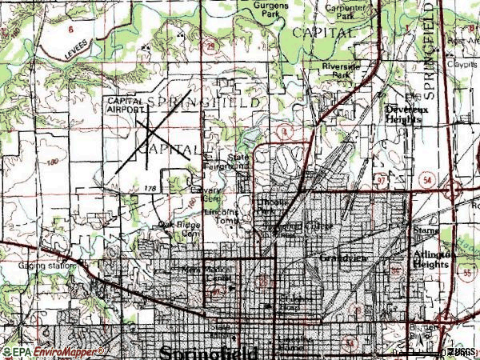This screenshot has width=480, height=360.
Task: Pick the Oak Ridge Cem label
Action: click(x=177, y=230)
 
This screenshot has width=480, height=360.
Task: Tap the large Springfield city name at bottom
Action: click(x=209, y=352)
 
